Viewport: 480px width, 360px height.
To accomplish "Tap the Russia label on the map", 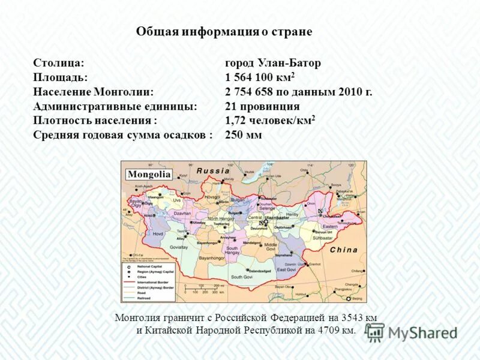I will click(214, 170).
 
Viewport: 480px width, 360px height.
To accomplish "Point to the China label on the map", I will click(344, 250).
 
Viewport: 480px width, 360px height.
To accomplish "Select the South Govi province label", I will click(242, 277).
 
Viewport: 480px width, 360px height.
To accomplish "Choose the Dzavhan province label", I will click(182, 213).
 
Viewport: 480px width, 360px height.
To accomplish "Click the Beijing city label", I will click(357, 298).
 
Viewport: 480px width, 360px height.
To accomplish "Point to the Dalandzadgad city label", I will click(262, 271).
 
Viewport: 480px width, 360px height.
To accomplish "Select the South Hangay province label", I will click(232, 250).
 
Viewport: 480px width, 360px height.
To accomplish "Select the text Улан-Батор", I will click(290, 63).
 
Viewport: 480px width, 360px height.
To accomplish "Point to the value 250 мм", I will click(243, 135).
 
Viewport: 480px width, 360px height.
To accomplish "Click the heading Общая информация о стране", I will click(224, 32).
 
